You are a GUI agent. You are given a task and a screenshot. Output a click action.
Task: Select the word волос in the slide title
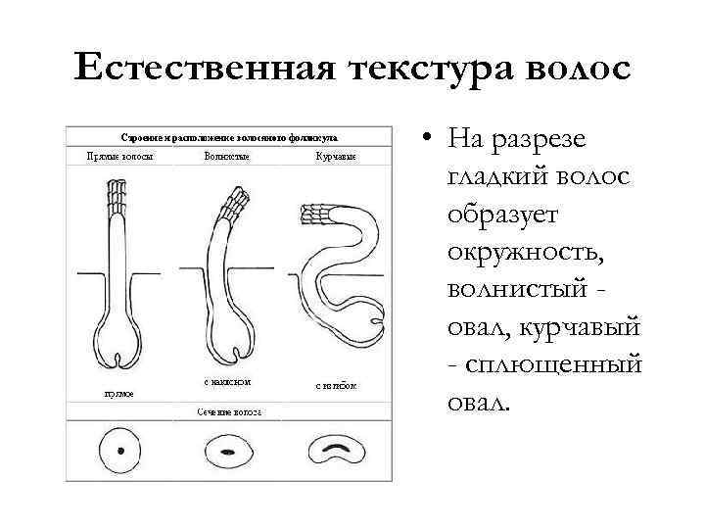pyautogui.click(x=577, y=70)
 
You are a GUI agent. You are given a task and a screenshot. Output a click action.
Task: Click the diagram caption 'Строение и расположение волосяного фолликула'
pyautogui.click(x=226, y=137)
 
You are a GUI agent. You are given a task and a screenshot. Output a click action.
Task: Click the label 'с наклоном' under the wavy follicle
pyautogui.click(x=226, y=380)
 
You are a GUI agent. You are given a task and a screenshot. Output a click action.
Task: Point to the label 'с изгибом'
pyautogui.click(x=336, y=385)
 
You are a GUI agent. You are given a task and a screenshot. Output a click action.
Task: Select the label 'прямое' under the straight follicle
pyautogui.click(x=118, y=393)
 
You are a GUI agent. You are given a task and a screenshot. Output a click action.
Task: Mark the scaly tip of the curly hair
pyautogui.click(x=316, y=214)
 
